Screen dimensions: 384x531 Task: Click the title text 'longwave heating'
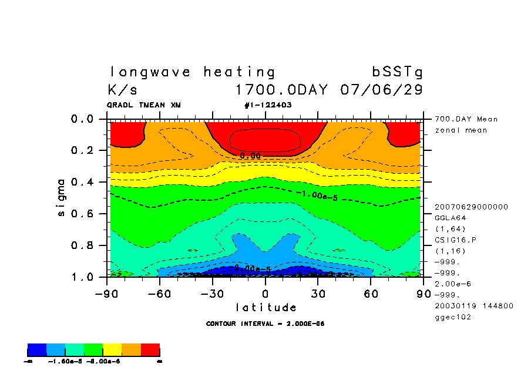tap(192, 72)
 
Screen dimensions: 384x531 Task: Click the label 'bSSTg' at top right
tap(397, 72)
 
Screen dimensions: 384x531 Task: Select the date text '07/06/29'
tap(381, 90)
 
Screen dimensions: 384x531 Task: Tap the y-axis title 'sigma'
tap(61, 197)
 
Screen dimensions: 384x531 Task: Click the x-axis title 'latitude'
tap(265, 307)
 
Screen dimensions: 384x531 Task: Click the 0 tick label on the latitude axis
tap(265, 293)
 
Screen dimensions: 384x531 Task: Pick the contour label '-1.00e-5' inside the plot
tap(317, 195)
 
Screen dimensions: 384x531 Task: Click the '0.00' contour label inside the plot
tap(250, 156)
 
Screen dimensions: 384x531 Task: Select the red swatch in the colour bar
tap(150, 351)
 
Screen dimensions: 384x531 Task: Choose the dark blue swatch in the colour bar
tap(37, 351)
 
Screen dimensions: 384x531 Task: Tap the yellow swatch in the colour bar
tap(112, 351)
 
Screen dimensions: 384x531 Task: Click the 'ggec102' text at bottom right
tap(452, 317)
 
